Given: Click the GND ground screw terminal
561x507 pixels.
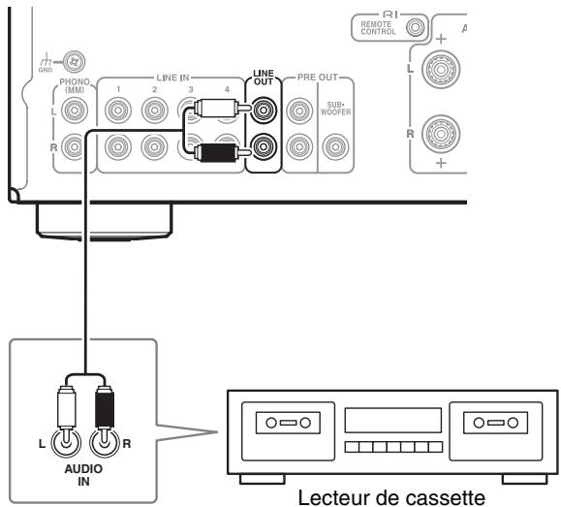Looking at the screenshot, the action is pos(74,62).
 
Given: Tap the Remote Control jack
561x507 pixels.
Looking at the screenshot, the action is pos(416,27).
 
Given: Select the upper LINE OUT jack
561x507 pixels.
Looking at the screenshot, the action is pos(264,110).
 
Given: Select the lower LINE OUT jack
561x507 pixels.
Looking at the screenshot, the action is pos(264,146).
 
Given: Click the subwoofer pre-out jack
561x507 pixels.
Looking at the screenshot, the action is pos(335,146).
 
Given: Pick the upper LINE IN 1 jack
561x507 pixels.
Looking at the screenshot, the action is pos(118,111).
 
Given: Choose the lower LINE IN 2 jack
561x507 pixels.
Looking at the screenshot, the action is pos(155,146).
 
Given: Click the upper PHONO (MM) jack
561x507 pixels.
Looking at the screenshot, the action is pos(75,111).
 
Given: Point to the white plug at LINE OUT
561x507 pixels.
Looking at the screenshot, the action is pos(222,108).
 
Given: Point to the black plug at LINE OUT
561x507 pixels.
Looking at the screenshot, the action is pos(222,152).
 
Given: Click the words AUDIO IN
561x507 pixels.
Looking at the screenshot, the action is pos(83,475).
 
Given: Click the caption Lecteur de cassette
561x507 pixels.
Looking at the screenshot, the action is pos(391,497).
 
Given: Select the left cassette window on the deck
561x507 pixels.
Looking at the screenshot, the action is pos(288,423).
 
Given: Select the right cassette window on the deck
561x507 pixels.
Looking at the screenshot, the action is pos(495,423).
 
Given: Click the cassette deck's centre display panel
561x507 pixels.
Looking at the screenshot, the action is pos(393,420).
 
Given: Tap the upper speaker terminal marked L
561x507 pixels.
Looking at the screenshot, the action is pos(441,69).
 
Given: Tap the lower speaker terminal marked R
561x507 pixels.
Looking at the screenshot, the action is pos(441,134).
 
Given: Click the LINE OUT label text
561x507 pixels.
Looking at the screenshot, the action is pos(264,78).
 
